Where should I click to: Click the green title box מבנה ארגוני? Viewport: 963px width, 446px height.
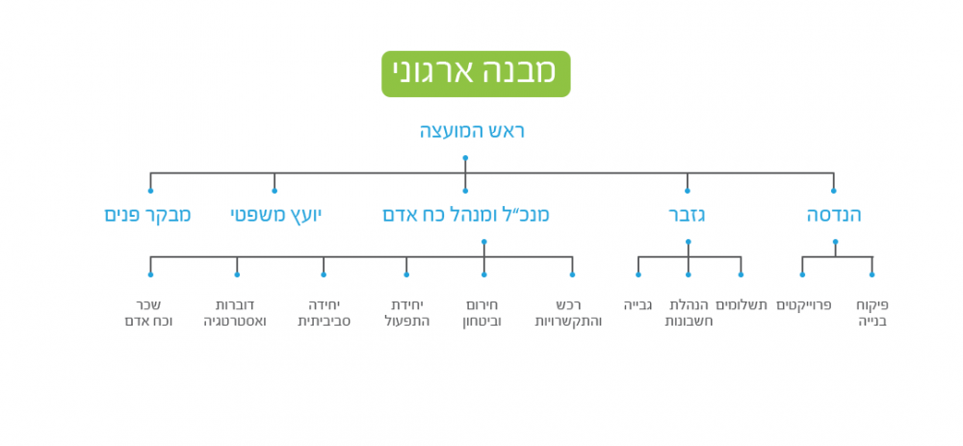coord(476,74)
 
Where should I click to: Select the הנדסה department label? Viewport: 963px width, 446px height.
coord(834,215)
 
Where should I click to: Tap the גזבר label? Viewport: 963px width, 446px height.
coord(688,215)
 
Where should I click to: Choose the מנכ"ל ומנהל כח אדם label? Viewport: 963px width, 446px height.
coord(466,215)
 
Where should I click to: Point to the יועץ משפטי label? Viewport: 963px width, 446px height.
coord(275,215)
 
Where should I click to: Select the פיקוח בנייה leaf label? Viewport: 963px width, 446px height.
coord(872,313)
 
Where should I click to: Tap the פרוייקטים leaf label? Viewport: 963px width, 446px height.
coord(804,305)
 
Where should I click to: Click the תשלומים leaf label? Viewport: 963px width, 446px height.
coord(742,305)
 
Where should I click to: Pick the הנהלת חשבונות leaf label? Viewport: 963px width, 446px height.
coord(690,313)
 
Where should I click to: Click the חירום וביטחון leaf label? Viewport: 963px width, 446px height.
coord(481,313)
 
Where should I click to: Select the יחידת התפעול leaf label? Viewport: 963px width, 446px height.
coord(406,313)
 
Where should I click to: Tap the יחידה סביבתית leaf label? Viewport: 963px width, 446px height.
coord(324,313)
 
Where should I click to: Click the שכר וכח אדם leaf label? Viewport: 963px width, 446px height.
coord(149,313)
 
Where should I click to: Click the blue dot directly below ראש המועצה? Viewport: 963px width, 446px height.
coord(465,158)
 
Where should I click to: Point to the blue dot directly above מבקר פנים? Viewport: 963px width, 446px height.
coord(151,191)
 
